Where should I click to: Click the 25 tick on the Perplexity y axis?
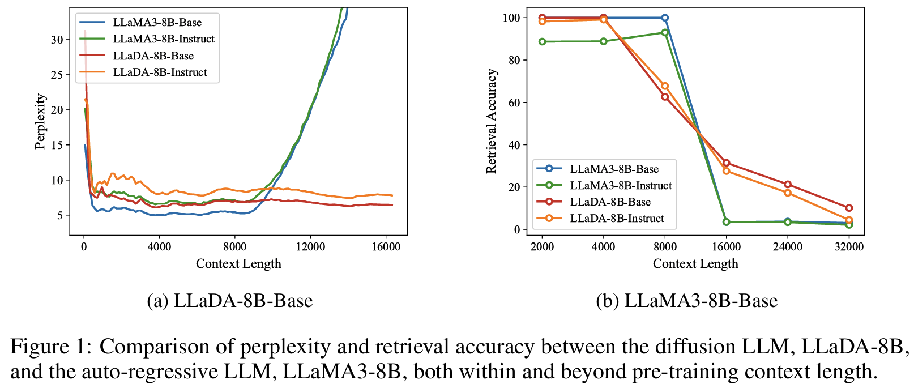pos(57,75)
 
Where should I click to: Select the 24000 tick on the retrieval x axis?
pos(788,247)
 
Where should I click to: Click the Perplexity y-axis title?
pos(40,121)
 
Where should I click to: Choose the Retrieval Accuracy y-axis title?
pos(492,121)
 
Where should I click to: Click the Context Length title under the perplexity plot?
pos(238,264)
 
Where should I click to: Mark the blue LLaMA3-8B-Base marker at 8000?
pos(665,18)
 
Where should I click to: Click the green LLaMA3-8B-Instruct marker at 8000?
pos(665,33)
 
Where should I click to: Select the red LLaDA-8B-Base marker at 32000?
pos(849,208)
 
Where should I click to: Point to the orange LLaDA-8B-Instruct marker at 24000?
pos(788,193)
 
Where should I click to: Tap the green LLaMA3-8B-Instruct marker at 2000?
pos(542,41)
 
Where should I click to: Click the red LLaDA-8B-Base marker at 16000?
pos(726,163)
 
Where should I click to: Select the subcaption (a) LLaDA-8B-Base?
pos(229,300)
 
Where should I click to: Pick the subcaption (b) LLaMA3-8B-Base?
pos(686,300)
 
